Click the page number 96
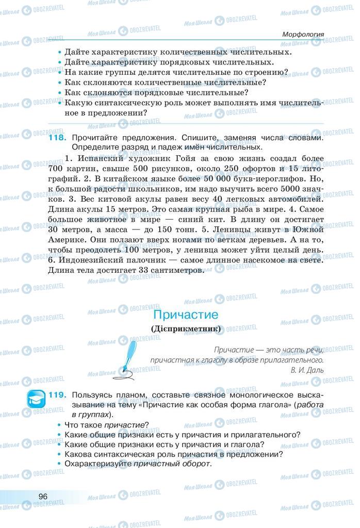[43, 496]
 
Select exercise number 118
[57, 138]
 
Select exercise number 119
[57, 395]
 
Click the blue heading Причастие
[186, 315]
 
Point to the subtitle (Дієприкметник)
[186, 328]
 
